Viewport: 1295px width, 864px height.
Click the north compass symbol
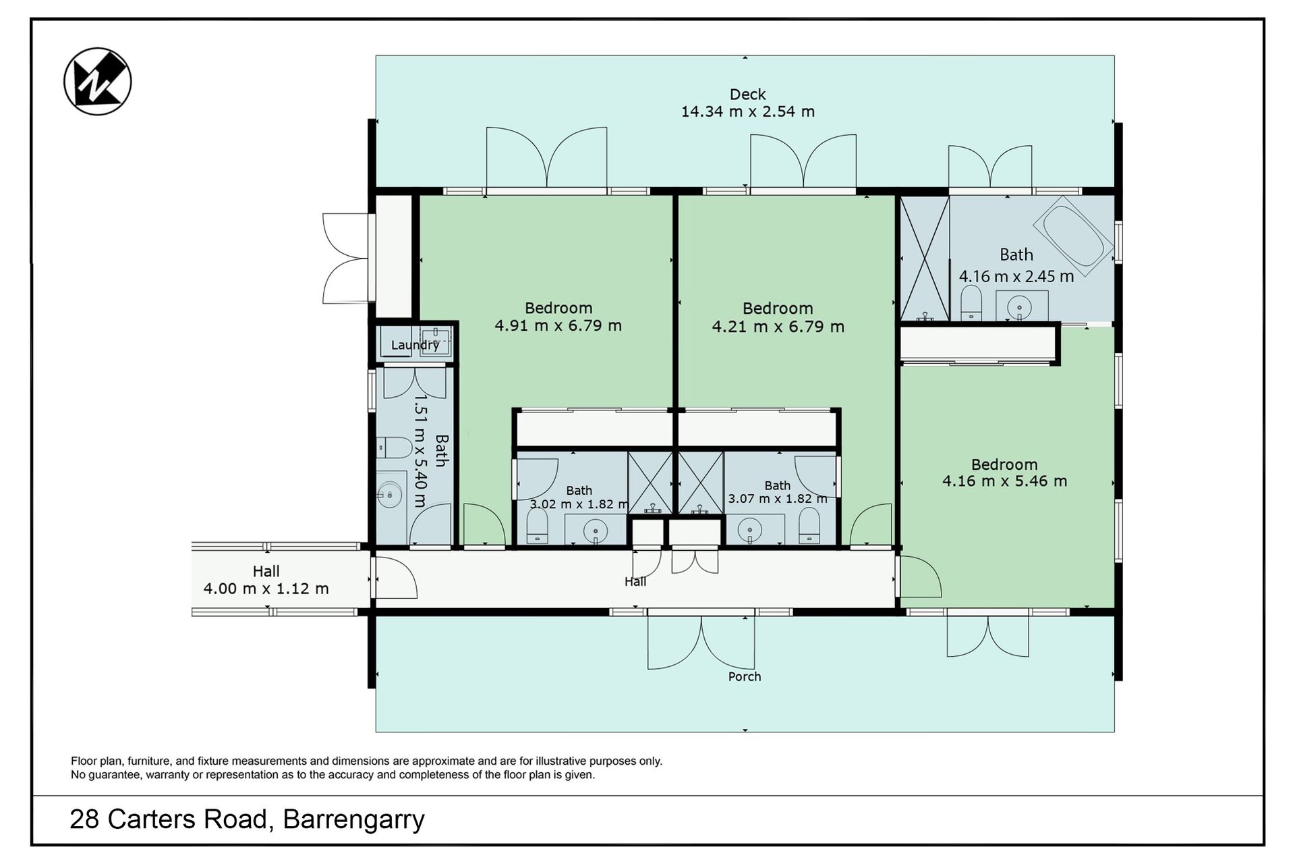tap(97, 82)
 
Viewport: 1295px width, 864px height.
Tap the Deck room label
tap(747, 94)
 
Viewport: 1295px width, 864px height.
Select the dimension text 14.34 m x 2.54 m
tap(747, 112)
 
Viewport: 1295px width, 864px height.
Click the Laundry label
tap(415, 345)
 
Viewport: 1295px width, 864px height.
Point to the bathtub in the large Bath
tap(1073, 236)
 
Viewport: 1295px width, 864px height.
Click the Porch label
tap(745, 676)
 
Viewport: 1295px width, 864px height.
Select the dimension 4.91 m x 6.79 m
tap(558, 326)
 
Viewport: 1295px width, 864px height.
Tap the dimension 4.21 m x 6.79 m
tap(778, 327)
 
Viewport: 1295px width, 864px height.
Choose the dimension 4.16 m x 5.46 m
tap(1004, 481)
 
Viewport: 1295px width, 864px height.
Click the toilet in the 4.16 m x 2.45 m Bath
tap(971, 304)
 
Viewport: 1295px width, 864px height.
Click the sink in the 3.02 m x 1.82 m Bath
tap(596, 531)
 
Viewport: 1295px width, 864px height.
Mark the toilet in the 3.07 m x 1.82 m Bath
tap(809, 526)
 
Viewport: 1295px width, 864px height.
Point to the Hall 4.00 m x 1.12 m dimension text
tap(266, 589)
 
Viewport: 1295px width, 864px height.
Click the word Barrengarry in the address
tap(353, 819)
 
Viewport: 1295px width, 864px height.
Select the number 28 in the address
tap(84, 819)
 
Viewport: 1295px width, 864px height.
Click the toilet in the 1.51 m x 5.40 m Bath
tap(395, 448)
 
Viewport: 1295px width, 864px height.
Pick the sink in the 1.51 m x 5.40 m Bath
tap(389, 495)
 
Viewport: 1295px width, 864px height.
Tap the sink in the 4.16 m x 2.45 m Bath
tap(1019, 308)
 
